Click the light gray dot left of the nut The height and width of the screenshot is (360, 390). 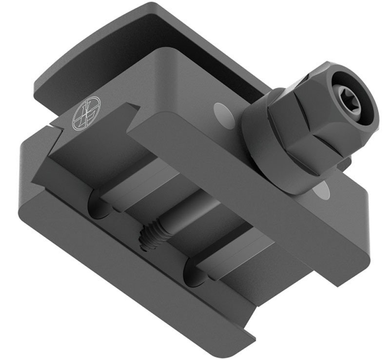[x=220, y=112]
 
